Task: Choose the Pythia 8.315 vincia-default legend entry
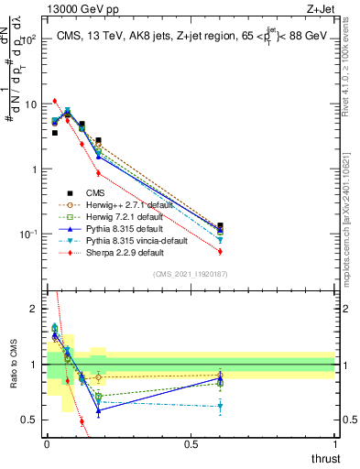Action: (118, 241)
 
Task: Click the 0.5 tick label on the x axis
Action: (191, 444)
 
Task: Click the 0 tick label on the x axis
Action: (47, 444)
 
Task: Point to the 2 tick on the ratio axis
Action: (35, 309)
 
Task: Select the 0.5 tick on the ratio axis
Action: (31, 420)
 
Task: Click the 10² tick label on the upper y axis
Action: (29, 40)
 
